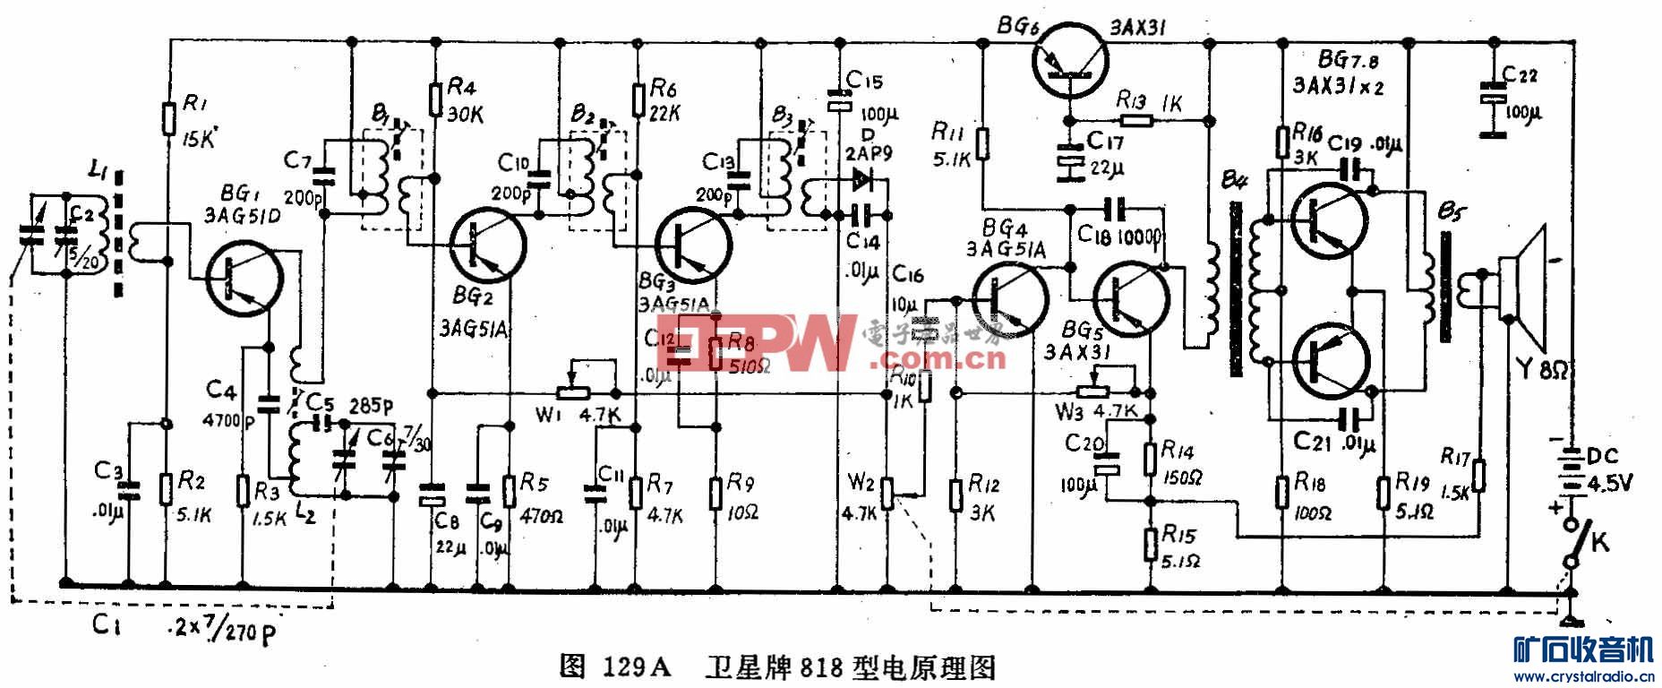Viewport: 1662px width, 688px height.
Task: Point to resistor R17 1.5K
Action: tap(1478, 476)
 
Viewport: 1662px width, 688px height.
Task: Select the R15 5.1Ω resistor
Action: tap(1152, 544)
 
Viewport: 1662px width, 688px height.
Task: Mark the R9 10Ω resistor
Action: tap(716, 493)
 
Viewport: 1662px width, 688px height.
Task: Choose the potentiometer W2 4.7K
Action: tap(887, 492)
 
